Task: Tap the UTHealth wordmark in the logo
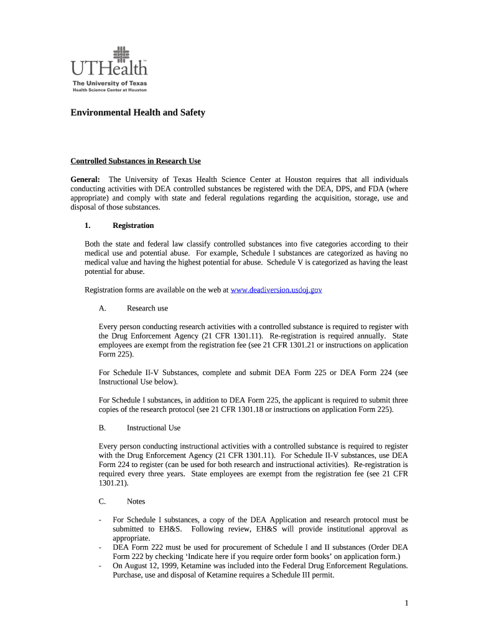click(109, 69)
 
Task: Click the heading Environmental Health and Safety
click(137, 113)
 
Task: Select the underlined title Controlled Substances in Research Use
click(136, 161)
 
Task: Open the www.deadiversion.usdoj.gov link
click(276, 290)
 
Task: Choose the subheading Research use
click(147, 308)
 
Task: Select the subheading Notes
click(136, 501)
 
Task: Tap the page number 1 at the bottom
click(406, 603)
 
